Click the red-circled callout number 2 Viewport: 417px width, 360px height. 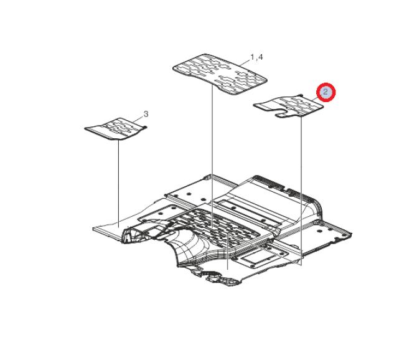click(x=326, y=92)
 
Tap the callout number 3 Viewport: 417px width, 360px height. click(x=146, y=114)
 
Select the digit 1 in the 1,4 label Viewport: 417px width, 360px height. click(x=253, y=57)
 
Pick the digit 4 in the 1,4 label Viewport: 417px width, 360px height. click(x=260, y=57)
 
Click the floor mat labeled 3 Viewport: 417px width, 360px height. click(x=115, y=128)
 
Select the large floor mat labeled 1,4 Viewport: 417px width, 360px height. click(x=220, y=74)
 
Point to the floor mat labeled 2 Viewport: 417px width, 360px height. click(x=289, y=106)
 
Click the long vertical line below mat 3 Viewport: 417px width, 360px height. click(x=118, y=184)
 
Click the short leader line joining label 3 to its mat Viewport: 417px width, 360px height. click(x=138, y=119)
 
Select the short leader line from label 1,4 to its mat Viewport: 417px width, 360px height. click(x=245, y=62)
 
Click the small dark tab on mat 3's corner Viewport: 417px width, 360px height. click(x=145, y=126)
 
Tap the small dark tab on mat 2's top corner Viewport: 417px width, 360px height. click(x=301, y=95)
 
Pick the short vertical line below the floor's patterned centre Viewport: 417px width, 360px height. click(x=228, y=251)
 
